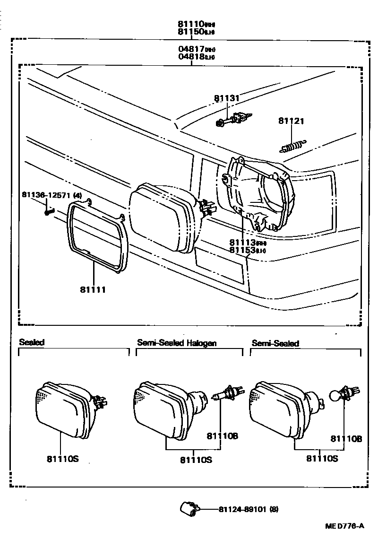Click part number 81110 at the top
tap(190, 24)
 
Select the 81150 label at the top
tap(190, 32)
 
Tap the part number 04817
tap(190, 49)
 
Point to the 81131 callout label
tap(227, 98)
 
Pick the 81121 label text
tap(291, 122)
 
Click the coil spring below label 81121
tap(293, 146)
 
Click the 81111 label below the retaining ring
tap(93, 289)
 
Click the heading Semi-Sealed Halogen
tap(176, 343)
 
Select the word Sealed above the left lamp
tap(31, 342)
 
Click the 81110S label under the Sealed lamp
tap(62, 458)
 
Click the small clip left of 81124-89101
tap(188, 509)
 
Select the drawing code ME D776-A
tap(344, 526)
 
